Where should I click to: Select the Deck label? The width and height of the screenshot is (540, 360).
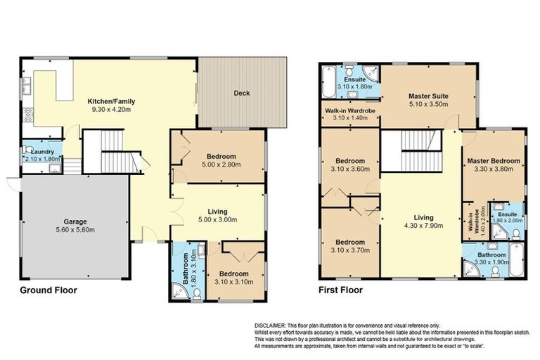tap(242, 93)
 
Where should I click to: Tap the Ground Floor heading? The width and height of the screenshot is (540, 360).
tap(48, 290)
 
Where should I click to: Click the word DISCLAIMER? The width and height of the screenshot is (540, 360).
tap(270, 326)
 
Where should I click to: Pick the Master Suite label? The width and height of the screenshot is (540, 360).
tap(428, 96)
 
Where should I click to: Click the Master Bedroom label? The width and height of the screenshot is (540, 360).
tap(494, 161)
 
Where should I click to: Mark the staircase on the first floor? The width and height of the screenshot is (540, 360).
tap(420, 150)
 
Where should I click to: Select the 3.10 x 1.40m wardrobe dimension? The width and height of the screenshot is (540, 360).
tap(349, 118)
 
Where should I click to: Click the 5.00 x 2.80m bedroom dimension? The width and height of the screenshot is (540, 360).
tap(221, 164)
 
